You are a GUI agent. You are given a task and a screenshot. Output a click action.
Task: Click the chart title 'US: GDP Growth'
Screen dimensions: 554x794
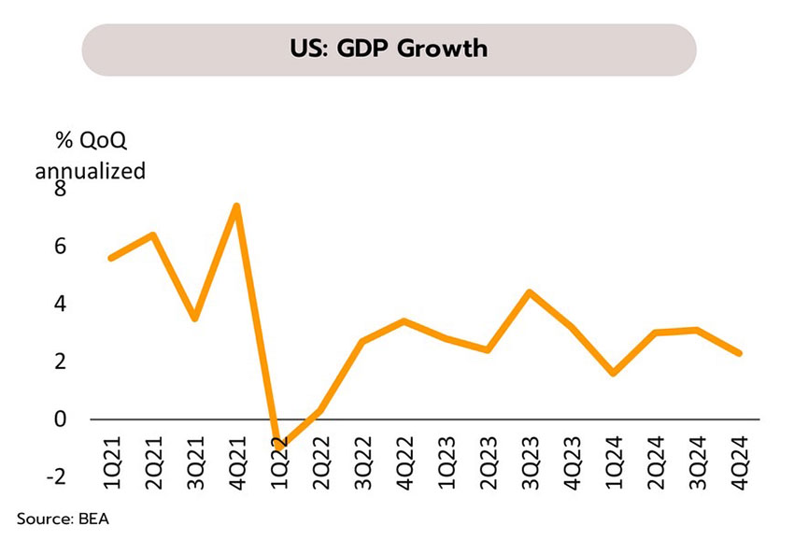389,49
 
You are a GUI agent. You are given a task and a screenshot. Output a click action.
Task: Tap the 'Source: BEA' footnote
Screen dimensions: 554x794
63,518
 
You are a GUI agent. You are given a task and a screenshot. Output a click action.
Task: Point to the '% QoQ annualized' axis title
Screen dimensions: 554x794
90,156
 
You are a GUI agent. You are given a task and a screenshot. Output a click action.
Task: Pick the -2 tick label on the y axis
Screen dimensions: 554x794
56,476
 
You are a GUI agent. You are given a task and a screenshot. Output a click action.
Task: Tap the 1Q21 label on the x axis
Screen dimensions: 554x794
111,455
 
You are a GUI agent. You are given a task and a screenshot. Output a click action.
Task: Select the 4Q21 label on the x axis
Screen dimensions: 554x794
237,455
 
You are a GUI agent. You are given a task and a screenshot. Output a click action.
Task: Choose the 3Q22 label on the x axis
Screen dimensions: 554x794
363,455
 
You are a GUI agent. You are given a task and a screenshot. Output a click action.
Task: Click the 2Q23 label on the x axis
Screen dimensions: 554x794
489,455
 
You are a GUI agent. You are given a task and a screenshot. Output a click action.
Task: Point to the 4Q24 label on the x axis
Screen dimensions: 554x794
741,455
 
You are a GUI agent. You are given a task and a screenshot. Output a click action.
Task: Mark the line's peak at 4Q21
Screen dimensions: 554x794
237,206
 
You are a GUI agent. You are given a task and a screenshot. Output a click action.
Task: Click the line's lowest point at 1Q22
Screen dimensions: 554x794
278,447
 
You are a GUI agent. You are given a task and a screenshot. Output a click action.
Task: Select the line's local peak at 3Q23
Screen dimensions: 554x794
530,292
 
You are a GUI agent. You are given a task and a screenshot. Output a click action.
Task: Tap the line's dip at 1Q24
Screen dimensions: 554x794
614,373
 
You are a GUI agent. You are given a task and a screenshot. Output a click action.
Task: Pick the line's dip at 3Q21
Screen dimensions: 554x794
193,319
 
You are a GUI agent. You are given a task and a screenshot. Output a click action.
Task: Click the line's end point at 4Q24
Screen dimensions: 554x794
740,353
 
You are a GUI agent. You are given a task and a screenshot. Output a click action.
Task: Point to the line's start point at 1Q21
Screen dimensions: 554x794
111,258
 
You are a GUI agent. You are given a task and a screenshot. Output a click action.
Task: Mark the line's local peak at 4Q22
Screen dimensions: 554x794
403,321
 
